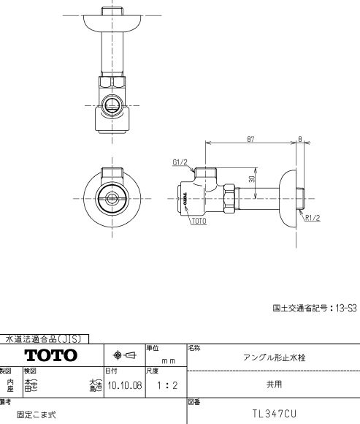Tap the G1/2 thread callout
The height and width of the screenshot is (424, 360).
[180, 162]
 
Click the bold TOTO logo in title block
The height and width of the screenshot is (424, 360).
[51, 356]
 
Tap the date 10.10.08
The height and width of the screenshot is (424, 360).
[123, 385]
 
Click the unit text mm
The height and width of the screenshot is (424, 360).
[168, 360]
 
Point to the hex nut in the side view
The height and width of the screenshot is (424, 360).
[229, 197]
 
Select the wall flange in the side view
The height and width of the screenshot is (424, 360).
[291, 195]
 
